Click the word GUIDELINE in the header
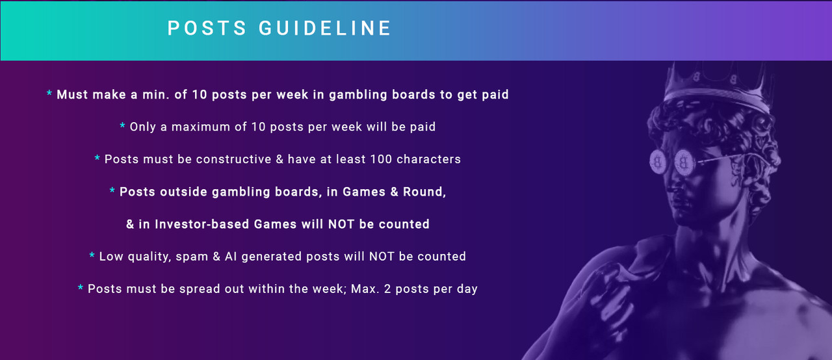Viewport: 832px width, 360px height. (324, 28)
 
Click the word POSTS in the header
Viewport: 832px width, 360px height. (207, 28)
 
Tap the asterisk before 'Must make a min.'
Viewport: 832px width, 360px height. (49, 93)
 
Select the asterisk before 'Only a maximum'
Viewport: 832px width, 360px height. (122, 125)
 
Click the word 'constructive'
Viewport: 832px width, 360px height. (233, 159)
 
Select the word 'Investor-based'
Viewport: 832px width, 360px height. (201, 224)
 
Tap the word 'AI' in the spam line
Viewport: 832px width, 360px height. (231, 257)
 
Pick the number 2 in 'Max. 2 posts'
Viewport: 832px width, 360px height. (387, 289)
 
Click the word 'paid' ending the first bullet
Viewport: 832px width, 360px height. (495, 95)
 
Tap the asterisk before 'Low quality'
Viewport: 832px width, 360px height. (92, 255)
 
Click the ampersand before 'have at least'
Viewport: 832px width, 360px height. (279, 159)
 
